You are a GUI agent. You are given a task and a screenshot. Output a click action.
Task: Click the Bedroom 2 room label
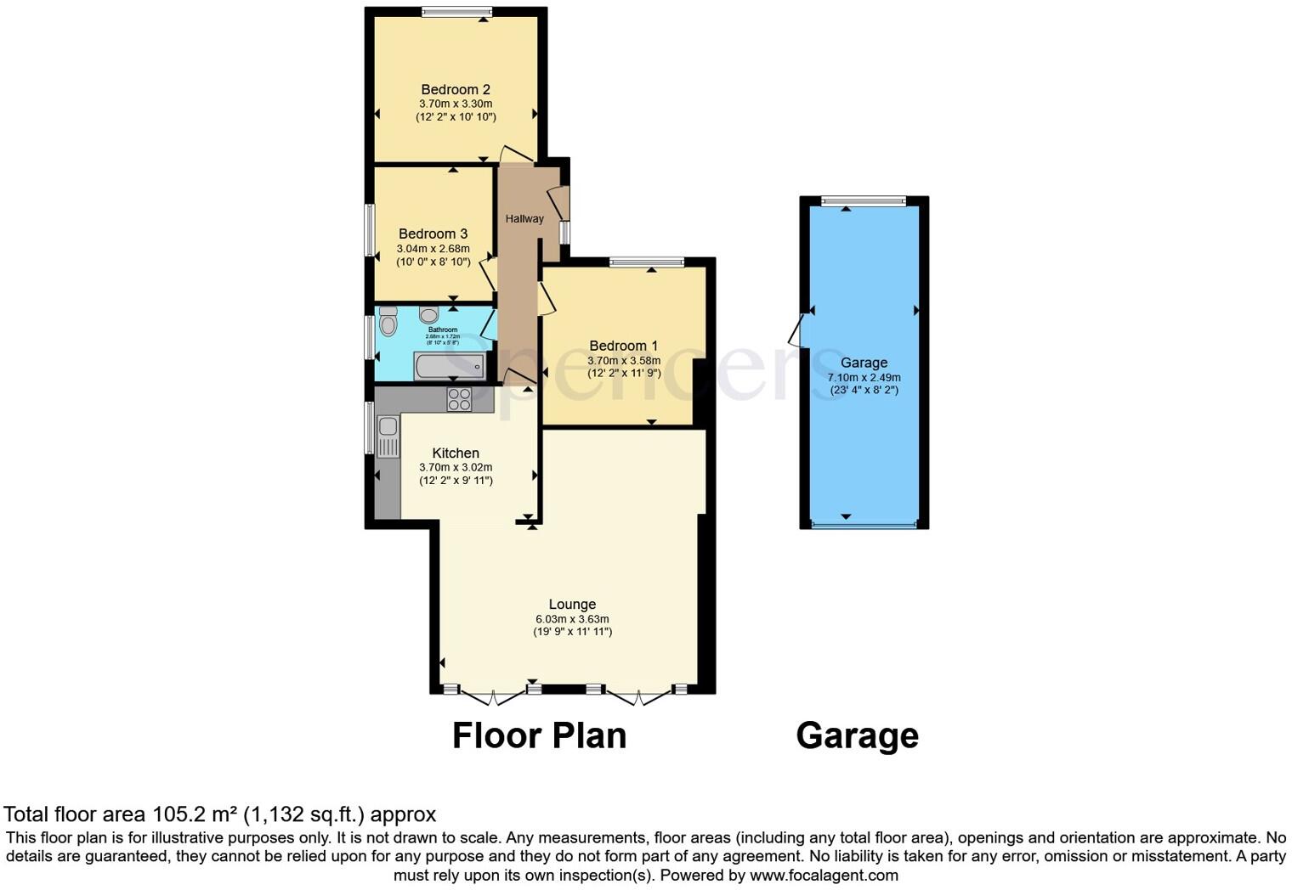click(x=456, y=89)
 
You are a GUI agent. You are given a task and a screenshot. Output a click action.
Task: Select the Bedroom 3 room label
click(x=433, y=234)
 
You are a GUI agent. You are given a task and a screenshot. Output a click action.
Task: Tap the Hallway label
click(x=524, y=219)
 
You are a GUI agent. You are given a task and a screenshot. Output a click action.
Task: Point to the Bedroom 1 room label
click(x=623, y=346)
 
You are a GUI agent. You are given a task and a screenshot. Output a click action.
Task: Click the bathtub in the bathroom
click(x=450, y=366)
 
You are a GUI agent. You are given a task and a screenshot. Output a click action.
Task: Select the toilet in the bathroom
click(x=388, y=321)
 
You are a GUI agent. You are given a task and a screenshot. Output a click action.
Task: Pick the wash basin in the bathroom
click(x=428, y=315)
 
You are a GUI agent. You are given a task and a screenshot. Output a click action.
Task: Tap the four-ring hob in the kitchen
click(x=459, y=399)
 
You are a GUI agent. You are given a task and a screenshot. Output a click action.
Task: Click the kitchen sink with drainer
click(x=388, y=437)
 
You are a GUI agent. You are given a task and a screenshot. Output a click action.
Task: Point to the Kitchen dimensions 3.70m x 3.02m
click(x=456, y=467)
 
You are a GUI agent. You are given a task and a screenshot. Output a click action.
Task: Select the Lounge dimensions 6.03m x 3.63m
click(x=572, y=619)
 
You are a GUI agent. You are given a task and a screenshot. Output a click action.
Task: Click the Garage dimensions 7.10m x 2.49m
click(x=864, y=378)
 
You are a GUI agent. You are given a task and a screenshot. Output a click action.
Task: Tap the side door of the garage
click(x=796, y=330)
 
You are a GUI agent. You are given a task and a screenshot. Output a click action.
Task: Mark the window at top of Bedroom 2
click(x=456, y=12)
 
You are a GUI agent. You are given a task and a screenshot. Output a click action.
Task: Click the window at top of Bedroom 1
click(x=646, y=262)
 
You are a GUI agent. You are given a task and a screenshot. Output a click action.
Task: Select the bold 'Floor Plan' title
click(x=539, y=735)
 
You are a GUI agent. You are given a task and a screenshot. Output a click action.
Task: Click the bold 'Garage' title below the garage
click(x=857, y=735)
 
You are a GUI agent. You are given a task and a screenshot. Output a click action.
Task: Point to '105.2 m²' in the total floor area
click(x=195, y=814)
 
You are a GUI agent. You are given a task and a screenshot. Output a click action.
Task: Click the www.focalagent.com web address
click(x=824, y=875)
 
